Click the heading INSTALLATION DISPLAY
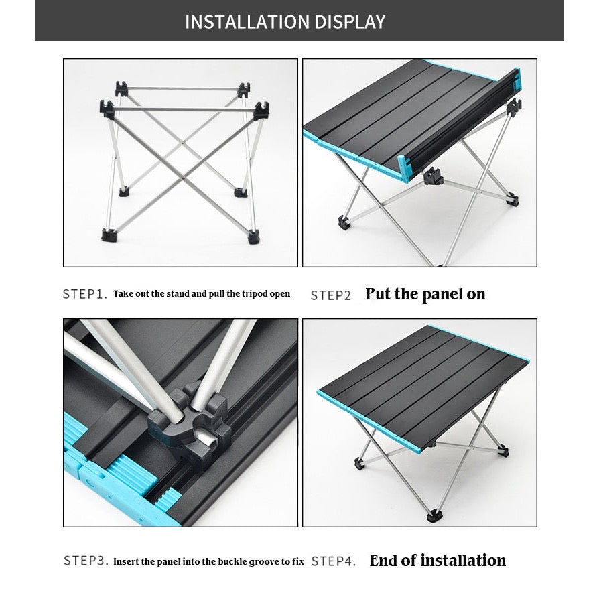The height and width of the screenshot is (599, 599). point(285,21)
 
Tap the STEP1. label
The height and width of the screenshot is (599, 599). point(84,294)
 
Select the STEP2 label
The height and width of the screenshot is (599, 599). point(330,295)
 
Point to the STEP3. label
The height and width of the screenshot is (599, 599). point(85,560)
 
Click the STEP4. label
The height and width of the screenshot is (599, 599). point(334,561)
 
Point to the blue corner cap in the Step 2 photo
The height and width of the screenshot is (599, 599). point(405,168)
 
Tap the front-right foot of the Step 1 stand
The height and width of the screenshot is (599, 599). point(254,236)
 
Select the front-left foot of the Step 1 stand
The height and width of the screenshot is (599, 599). point(107,235)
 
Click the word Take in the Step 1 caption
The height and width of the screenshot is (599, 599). point(122,294)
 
